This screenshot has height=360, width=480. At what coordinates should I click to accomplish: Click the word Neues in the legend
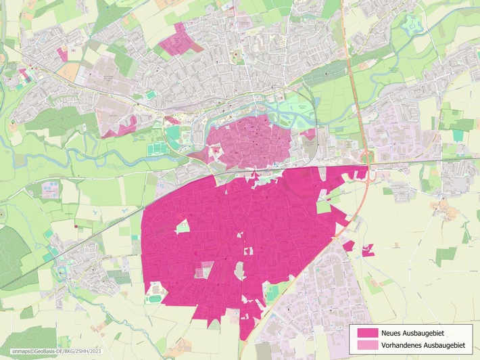392,333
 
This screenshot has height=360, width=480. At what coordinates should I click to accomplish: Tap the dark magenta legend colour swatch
366,333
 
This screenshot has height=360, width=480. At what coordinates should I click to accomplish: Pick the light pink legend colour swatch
366,346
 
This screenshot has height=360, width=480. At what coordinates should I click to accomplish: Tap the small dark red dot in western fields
76,226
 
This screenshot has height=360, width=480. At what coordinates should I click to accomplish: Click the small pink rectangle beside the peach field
62,54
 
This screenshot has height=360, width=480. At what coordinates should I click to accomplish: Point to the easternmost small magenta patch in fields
368,250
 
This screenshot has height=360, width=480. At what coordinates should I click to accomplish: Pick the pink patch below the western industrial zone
122,127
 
